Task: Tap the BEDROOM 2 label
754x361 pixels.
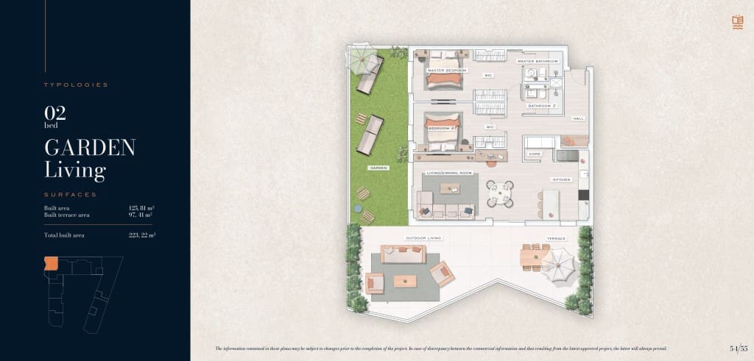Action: pyautogui.click(x=443, y=128)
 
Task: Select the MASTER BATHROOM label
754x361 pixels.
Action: pyautogui.click(x=540, y=61)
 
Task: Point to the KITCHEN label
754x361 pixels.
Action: pyautogui.click(x=561, y=179)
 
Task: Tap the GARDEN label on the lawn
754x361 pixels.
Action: pyautogui.click(x=378, y=168)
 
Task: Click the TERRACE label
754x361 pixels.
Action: pyautogui.click(x=556, y=239)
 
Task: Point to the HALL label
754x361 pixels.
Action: pyautogui.click(x=578, y=118)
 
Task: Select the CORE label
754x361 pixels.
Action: pyautogui.click(x=535, y=154)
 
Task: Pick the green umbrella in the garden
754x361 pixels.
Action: pyautogui.click(x=362, y=60)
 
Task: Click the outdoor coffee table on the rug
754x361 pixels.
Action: pyautogui.click(x=406, y=281)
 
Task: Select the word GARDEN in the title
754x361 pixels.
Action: pyautogui.click(x=90, y=147)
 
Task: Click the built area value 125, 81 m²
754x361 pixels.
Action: pyautogui.click(x=141, y=208)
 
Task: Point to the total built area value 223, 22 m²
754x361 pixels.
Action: pyautogui.click(x=141, y=235)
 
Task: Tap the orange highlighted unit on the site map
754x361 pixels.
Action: pyautogui.click(x=51, y=263)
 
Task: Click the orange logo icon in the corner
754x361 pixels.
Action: pyautogui.click(x=737, y=21)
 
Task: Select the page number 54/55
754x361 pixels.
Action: pyautogui.click(x=739, y=348)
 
